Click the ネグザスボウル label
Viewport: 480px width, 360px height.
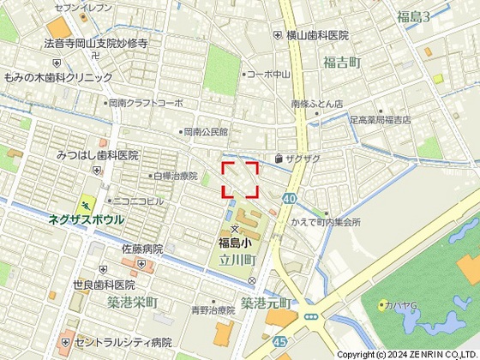pos(86,219)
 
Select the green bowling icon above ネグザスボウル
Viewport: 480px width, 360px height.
pos(86,205)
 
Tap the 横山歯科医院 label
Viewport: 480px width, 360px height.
pos(316,35)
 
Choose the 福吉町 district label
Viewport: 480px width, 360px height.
pos(343,62)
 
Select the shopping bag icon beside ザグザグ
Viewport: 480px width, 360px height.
pos(279,159)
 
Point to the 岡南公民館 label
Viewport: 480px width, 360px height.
pos(205,133)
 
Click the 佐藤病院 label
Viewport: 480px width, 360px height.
pos(141,248)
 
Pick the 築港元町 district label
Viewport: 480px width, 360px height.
pos(266,303)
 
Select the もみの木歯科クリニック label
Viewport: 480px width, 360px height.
pos(58,77)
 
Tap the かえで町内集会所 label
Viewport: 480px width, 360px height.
pos(326,222)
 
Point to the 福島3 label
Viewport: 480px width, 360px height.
pos(414,16)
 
